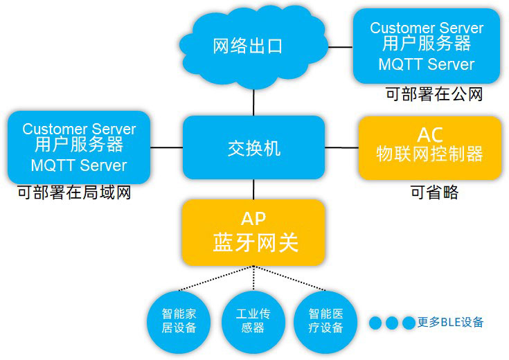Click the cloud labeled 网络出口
point(253,46)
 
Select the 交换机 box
point(253,147)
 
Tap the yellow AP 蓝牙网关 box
point(253,233)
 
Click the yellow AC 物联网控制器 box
point(430,147)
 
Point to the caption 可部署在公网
point(434,94)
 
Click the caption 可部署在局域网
point(74,192)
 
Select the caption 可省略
point(434,192)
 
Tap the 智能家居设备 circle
point(179,322)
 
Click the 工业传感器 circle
point(253,322)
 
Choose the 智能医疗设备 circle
point(325,322)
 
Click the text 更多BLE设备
point(450,323)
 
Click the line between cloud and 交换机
point(253,102)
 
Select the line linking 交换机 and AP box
point(253,189)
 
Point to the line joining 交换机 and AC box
point(342,147)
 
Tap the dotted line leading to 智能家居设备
point(216,278)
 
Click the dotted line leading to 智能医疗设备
point(289,278)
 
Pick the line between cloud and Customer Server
point(341,47)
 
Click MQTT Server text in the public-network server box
point(427,64)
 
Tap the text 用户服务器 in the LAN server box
point(79,145)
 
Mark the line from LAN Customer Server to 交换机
point(166,147)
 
